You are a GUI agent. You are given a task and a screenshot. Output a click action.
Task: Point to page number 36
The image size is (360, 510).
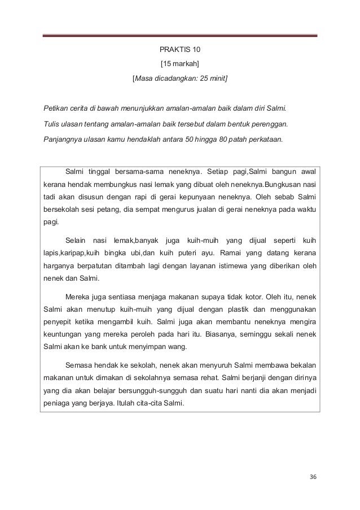(x=314, y=477)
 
